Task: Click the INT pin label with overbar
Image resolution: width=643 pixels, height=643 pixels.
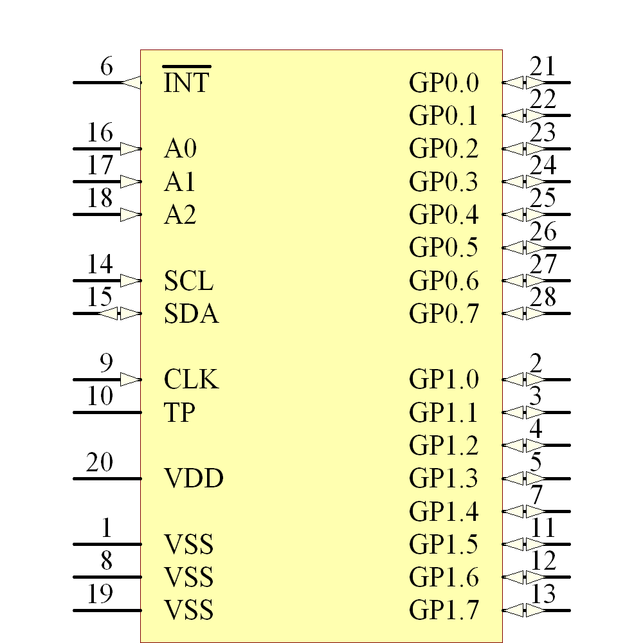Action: (186, 82)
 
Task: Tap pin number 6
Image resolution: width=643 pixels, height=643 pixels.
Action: (107, 67)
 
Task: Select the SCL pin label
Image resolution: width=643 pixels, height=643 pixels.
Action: (188, 281)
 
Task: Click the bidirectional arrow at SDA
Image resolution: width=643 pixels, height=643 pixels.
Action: (120, 314)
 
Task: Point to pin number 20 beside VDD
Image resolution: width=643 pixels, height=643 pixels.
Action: (100, 463)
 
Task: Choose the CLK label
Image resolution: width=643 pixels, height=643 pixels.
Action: (191, 379)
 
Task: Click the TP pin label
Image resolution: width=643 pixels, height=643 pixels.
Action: (180, 412)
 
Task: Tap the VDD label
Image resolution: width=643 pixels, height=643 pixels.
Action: (194, 478)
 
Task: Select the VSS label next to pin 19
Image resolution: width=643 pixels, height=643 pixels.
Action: (188, 610)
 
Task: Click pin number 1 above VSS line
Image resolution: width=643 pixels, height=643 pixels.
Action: (107, 529)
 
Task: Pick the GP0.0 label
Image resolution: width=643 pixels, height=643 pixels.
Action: (444, 83)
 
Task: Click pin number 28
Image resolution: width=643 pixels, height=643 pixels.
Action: (543, 298)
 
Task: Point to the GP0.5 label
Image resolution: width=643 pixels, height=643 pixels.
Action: (444, 248)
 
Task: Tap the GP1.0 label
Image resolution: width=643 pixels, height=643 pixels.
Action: (444, 379)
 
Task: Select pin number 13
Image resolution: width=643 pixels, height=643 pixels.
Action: (543, 595)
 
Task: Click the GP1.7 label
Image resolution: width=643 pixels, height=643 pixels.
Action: (444, 610)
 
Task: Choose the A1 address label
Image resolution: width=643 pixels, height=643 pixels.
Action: (180, 183)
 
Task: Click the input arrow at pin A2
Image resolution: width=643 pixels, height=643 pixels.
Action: (131, 214)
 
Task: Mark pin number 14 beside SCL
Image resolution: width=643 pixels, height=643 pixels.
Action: (100, 265)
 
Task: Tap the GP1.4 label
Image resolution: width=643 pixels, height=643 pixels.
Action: (444, 512)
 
